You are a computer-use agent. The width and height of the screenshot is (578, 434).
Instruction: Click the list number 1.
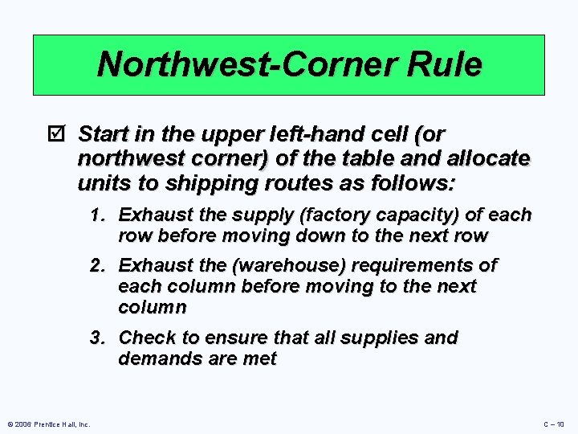click(98, 215)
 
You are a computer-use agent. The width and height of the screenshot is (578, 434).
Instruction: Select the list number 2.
click(98, 266)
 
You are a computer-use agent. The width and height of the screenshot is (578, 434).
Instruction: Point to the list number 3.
click(98, 338)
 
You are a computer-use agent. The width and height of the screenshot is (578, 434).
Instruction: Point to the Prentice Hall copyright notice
click(48, 424)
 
